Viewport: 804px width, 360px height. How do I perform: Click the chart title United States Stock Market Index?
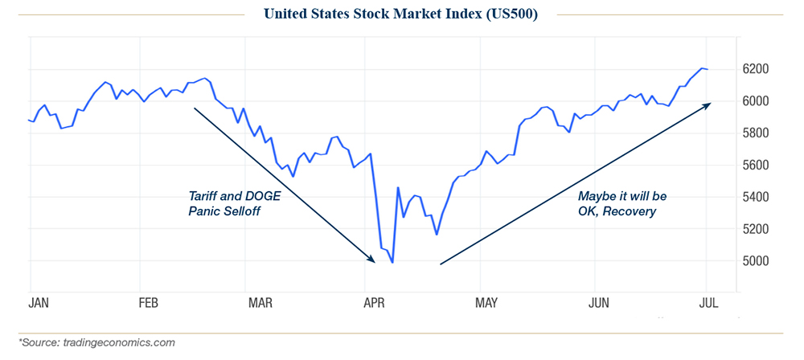[402, 14]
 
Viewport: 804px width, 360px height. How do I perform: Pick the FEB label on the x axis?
[147, 303]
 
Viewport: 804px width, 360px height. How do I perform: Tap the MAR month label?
[260, 303]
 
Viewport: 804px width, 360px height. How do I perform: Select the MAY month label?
[485, 303]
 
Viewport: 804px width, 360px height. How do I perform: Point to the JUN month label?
[598, 303]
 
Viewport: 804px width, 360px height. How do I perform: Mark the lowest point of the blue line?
[392, 262]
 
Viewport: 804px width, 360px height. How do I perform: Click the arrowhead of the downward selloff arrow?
[372, 259]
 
